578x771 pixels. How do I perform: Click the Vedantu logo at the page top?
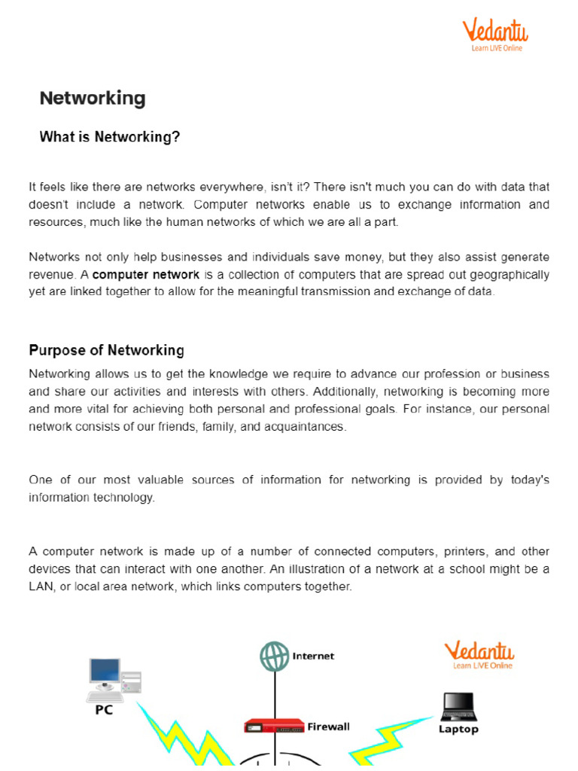tap(494, 35)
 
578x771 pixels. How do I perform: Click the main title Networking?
tap(92, 99)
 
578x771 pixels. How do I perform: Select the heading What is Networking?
tap(109, 137)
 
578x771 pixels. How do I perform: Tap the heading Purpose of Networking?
tap(106, 350)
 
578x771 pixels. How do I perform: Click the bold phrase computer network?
tap(145, 275)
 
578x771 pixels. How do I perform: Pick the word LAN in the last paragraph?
tap(41, 586)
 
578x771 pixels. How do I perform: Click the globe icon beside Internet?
tap(274, 656)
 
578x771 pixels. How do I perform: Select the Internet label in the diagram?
tap(313, 656)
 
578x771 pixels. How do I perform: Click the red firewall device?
tap(273, 727)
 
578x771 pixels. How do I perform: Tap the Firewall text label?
tap(328, 727)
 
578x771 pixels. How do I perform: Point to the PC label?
tap(104, 710)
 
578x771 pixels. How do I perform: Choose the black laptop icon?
tap(458, 706)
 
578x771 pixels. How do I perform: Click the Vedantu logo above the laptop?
tap(479, 655)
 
